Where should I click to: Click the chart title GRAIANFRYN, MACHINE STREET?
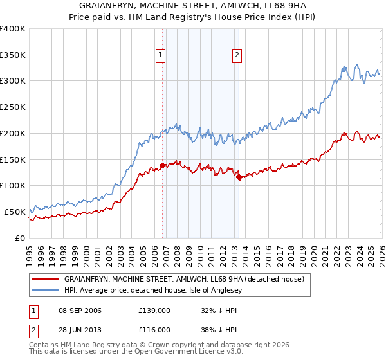[x=193, y=6]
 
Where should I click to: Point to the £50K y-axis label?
[x=15, y=212]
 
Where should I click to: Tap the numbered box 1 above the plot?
[x=160, y=56]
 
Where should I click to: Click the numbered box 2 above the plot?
[x=237, y=56]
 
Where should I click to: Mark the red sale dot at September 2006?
[x=162, y=165]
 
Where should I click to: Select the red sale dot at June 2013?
[x=239, y=177]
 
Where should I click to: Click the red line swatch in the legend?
[x=45, y=279]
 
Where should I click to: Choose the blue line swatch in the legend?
[x=45, y=290]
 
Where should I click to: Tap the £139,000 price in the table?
[x=154, y=310]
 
